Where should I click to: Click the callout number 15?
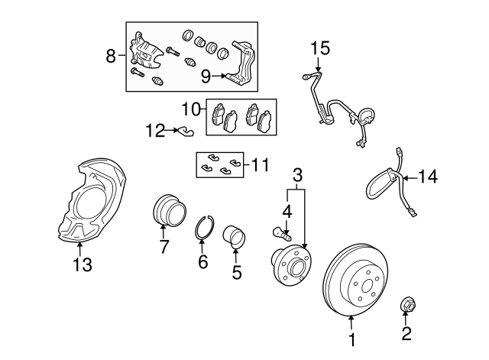coord(320,48)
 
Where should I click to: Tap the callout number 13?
coord(83,265)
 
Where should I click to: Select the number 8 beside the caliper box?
coord(111,56)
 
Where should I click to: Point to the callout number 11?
coord(260,164)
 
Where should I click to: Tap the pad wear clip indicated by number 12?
coord(186,131)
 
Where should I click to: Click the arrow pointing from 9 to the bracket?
coord(219,76)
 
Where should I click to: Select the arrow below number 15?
coord(318,64)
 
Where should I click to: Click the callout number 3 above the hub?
coord(297,175)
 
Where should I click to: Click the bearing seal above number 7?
coord(170,209)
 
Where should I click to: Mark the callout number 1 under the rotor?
coord(352,339)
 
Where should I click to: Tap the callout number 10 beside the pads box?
coord(192,109)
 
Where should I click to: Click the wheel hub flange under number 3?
coord(290,265)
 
